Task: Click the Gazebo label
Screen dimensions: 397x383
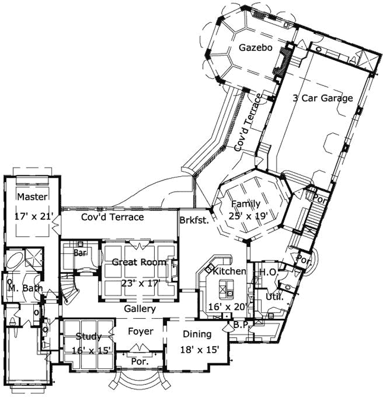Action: (x=255, y=48)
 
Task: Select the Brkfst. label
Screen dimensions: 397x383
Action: (x=194, y=220)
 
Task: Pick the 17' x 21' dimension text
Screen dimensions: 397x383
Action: (x=32, y=215)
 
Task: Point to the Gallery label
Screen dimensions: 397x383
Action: (x=139, y=309)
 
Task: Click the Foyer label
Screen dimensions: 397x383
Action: (x=141, y=332)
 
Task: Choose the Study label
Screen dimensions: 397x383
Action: (x=89, y=336)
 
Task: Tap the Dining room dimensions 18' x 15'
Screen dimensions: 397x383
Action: (x=200, y=349)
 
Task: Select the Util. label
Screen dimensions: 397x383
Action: (x=277, y=297)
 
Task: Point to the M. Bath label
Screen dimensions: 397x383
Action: (x=21, y=288)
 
